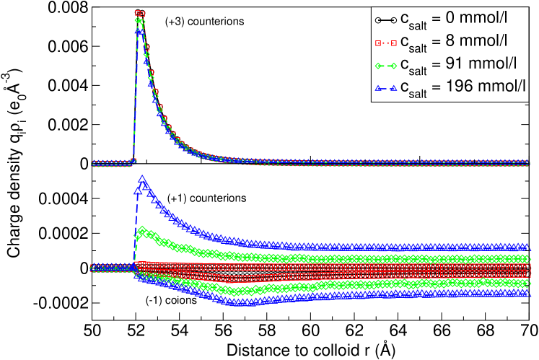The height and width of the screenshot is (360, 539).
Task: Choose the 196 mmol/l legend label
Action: coord(464,87)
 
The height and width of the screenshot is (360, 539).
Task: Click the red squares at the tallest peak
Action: coord(140,14)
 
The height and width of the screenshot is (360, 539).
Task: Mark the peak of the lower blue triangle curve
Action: coord(142,180)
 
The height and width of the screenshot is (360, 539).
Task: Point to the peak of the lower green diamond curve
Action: coord(143,232)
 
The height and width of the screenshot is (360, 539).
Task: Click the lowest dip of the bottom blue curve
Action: coord(238,304)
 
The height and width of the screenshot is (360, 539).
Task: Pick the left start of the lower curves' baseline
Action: coord(93,268)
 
